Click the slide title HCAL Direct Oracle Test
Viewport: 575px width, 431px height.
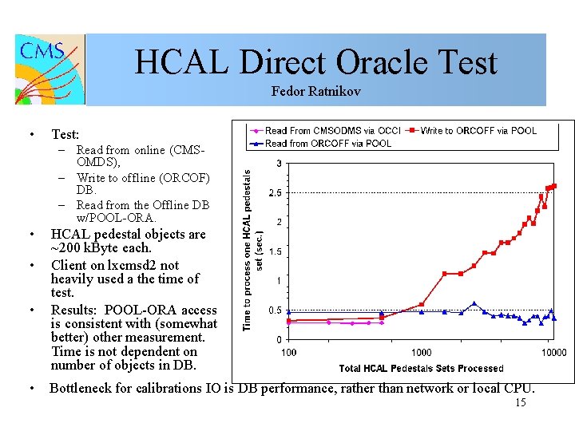[x=315, y=63]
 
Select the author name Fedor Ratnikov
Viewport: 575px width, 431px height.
[x=315, y=92]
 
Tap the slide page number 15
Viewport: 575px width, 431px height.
[x=520, y=404]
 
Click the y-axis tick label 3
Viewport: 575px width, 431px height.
[x=277, y=164]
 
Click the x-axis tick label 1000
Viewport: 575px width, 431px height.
[x=421, y=353]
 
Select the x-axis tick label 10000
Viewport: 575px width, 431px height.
[x=553, y=353]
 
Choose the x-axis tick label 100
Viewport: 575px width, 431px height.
[x=288, y=353]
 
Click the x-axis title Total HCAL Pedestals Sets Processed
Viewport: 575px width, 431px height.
[x=421, y=368]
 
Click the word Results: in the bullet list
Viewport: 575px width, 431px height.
[x=73, y=310]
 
